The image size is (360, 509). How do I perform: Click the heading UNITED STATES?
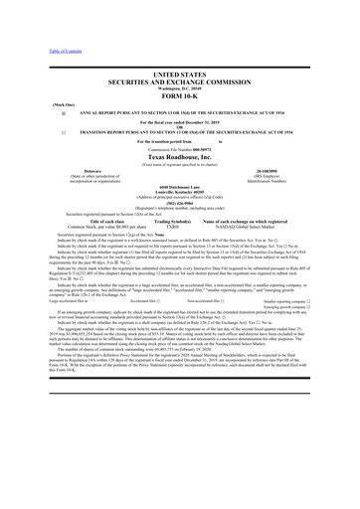pos(180,75)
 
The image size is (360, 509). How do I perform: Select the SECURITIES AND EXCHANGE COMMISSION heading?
pos(180,84)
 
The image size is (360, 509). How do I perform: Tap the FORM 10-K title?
pos(180,98)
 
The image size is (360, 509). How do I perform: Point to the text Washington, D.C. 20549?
pos(180,90)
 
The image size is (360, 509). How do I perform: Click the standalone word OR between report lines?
pos(180,125)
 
